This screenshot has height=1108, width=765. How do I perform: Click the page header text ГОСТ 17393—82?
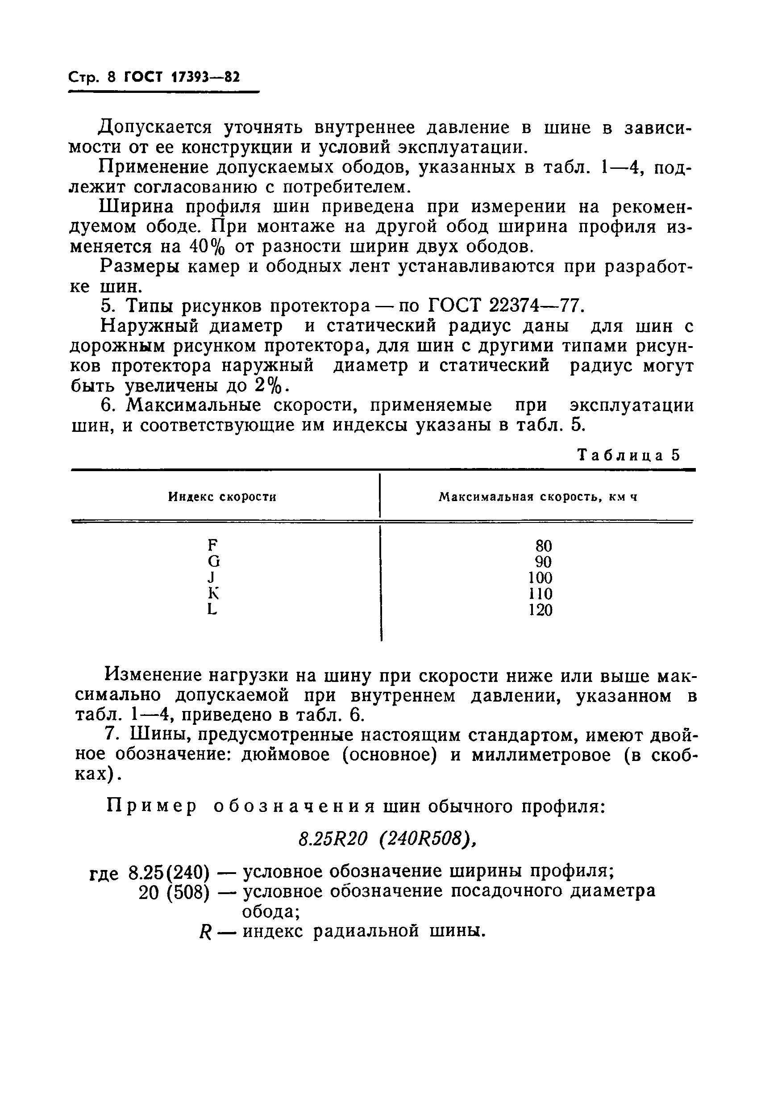(181, 77)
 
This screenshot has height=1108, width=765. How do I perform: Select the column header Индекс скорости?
(222, 497)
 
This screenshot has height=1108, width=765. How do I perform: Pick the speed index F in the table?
(213, 545)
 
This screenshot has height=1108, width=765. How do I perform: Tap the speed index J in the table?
(212, 577)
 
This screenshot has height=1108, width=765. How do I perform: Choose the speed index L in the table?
(212, 609)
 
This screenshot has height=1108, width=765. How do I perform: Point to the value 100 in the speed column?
(540, 577)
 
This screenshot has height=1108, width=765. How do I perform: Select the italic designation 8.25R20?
(333, 838)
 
